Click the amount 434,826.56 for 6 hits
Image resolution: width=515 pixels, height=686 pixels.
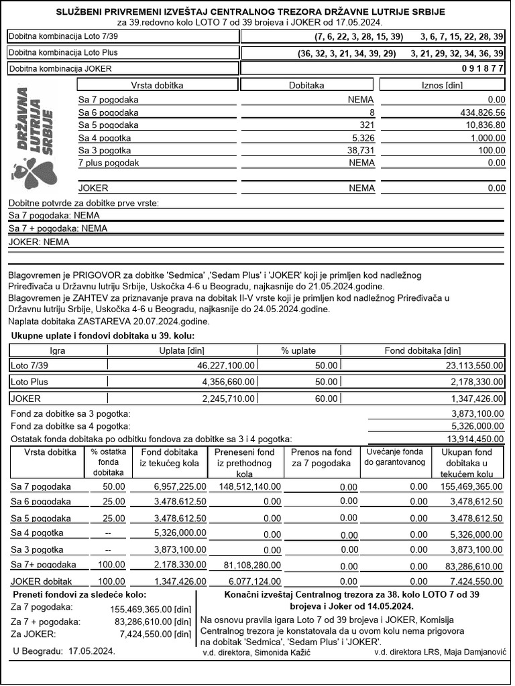(477, 113)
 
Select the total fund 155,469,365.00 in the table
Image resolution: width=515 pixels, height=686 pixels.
(469, 486)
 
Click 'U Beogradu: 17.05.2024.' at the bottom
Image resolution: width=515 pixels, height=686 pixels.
(64, 650)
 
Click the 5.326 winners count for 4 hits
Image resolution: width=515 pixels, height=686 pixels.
(359, 137)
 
